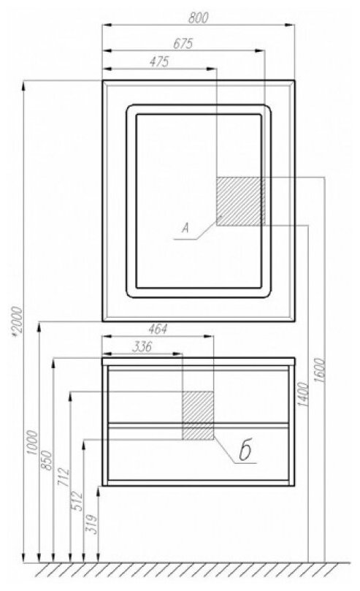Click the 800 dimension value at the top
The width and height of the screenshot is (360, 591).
[x=198, y=18]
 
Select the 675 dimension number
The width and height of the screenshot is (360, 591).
[x=183, y=43]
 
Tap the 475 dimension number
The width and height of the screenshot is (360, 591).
[x=159, y=62]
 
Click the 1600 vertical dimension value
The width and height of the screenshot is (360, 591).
[x=320, y=370]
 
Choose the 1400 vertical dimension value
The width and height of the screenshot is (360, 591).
[x=304, y=394]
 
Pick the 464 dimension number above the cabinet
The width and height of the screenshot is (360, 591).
[x=158, y=329]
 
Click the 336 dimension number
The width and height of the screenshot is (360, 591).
[x=142, y=347]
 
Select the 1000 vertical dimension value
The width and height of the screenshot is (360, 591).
[x=33, y=443]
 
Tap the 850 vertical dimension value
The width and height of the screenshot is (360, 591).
[x=47, y=460]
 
